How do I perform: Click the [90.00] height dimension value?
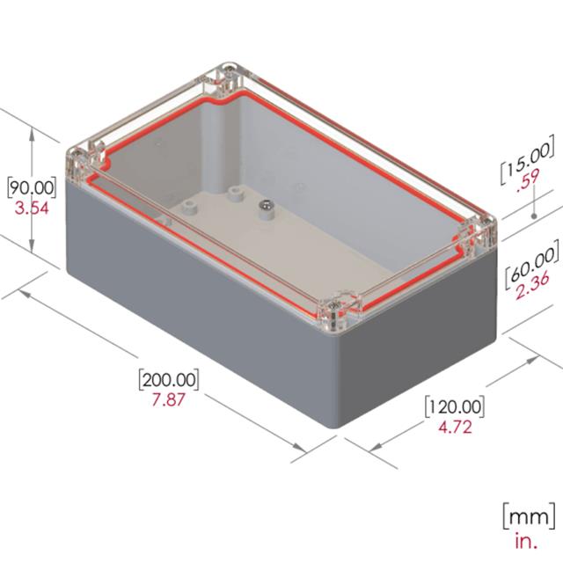click(32, 187)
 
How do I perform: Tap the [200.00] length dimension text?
click(169, 380)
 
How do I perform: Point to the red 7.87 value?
click(169, 401)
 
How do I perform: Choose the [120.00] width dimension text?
click(454, 407)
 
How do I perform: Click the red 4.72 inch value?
click(454, 428)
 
